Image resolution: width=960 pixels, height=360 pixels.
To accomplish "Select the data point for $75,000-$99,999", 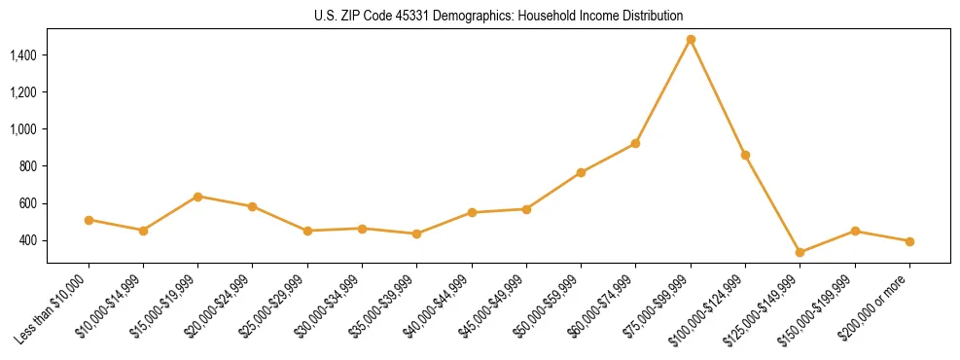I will tap(691, 40).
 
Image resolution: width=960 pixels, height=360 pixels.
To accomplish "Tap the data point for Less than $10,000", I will tap(89, 220).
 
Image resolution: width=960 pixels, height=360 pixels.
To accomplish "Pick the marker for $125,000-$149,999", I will tap(800, 253).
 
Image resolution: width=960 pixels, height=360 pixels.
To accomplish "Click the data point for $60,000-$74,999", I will tap(635, 143).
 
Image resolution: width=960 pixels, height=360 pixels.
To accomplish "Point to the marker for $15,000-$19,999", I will tap(197, 197).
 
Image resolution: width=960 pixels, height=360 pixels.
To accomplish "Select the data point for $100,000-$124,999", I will tap(745, 155).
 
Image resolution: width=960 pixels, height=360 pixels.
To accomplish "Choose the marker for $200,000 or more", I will tap(909, 241).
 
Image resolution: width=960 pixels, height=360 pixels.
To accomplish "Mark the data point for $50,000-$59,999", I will tap(581, 173).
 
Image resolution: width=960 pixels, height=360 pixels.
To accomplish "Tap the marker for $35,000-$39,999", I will tap(416, 234).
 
